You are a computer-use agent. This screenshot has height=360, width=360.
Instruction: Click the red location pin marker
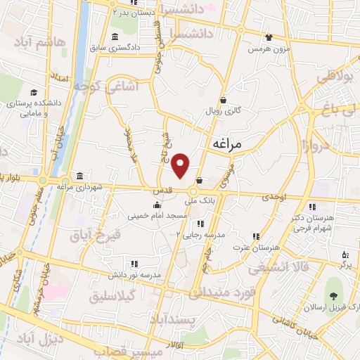click(181, 165)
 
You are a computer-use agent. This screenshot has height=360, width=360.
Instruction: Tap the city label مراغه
click(226, 143)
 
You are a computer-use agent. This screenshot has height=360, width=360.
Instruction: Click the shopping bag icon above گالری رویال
click(223, 101)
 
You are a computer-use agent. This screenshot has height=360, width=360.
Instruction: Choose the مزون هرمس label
click(268, 49)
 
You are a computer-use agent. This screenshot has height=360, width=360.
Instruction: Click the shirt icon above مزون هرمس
click(268, 38)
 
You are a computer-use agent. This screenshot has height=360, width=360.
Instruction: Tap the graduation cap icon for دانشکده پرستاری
click(33, 93)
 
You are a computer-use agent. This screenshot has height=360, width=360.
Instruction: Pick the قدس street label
click(161, 191)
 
